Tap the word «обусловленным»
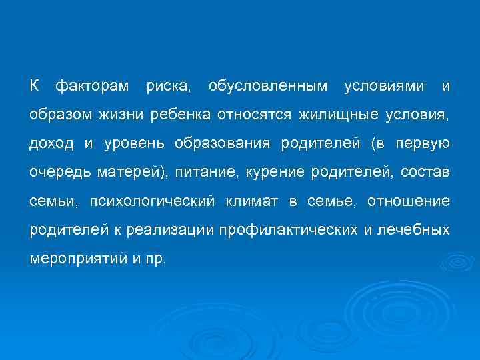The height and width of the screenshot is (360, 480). pos(268,86)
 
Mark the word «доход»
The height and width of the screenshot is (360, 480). pos(52,144)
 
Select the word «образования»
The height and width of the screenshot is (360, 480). pos(222,144)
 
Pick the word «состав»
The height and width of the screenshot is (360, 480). pos(425,173)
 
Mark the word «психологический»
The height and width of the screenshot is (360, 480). pos(151,201)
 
